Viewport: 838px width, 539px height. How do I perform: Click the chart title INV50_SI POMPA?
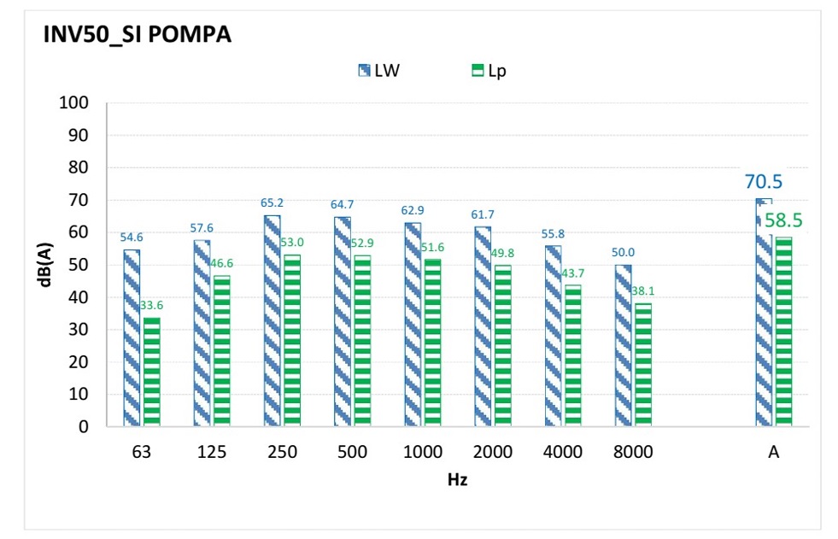(138, 36)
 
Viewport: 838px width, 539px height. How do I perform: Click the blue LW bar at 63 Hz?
(132, 337)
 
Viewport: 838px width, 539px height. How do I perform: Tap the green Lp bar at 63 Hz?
(151, 372)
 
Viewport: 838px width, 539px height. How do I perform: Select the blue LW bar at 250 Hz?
(272, 320)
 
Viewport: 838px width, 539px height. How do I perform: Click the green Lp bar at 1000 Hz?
(431, 342)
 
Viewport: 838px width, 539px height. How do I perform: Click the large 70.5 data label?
(764, 181)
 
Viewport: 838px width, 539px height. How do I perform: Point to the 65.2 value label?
(272, 204)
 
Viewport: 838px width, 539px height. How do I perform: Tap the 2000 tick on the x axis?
(492, 452)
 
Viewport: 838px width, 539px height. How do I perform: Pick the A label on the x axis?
(773, 452)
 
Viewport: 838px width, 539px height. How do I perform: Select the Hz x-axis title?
(457, 479)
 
